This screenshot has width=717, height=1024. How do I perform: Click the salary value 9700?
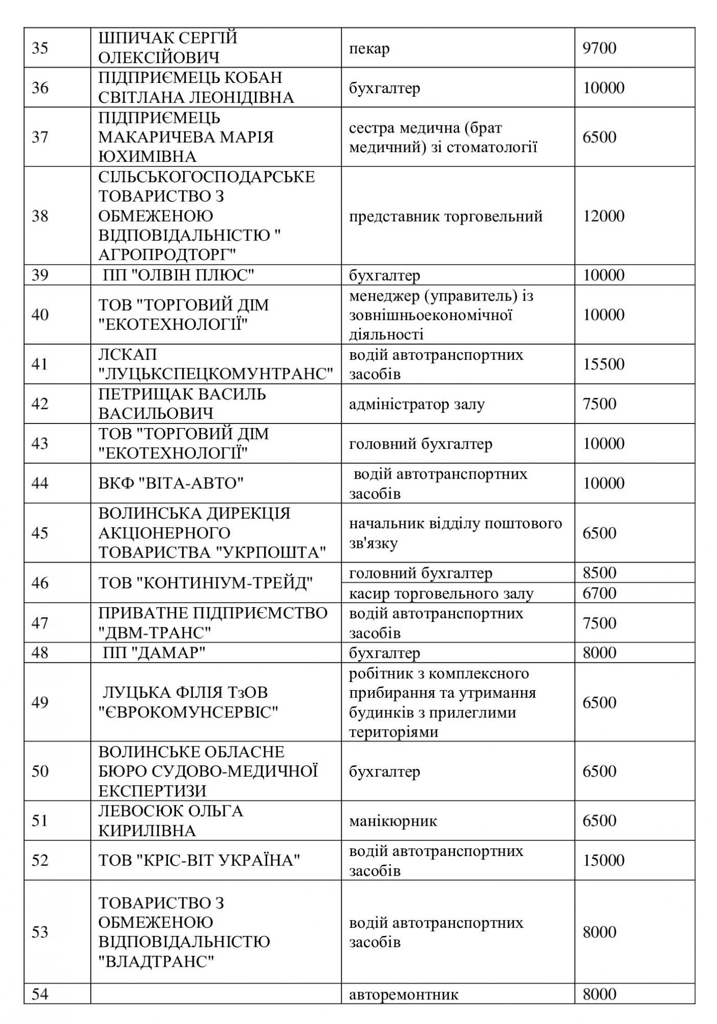599,48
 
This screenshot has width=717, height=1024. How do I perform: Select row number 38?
40,216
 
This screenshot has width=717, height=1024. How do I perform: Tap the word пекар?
369,49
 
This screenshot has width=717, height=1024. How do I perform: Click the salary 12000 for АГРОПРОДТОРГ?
603,216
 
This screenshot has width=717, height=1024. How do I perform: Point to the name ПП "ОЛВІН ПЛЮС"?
179,275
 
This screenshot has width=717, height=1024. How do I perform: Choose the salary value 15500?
603,364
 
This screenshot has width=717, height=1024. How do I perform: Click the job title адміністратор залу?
417,404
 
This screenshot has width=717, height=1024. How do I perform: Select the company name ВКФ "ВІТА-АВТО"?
171,483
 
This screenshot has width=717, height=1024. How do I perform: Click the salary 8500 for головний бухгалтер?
599,572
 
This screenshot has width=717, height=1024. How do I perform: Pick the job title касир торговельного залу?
441,593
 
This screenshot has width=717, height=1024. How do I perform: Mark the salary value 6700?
599,593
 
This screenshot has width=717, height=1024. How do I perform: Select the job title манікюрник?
393,821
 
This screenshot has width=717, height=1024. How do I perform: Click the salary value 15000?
603,860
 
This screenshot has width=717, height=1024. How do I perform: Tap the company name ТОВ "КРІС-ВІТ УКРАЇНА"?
199,860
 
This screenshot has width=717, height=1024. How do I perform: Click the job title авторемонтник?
404,994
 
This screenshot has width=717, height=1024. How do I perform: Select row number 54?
40,994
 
